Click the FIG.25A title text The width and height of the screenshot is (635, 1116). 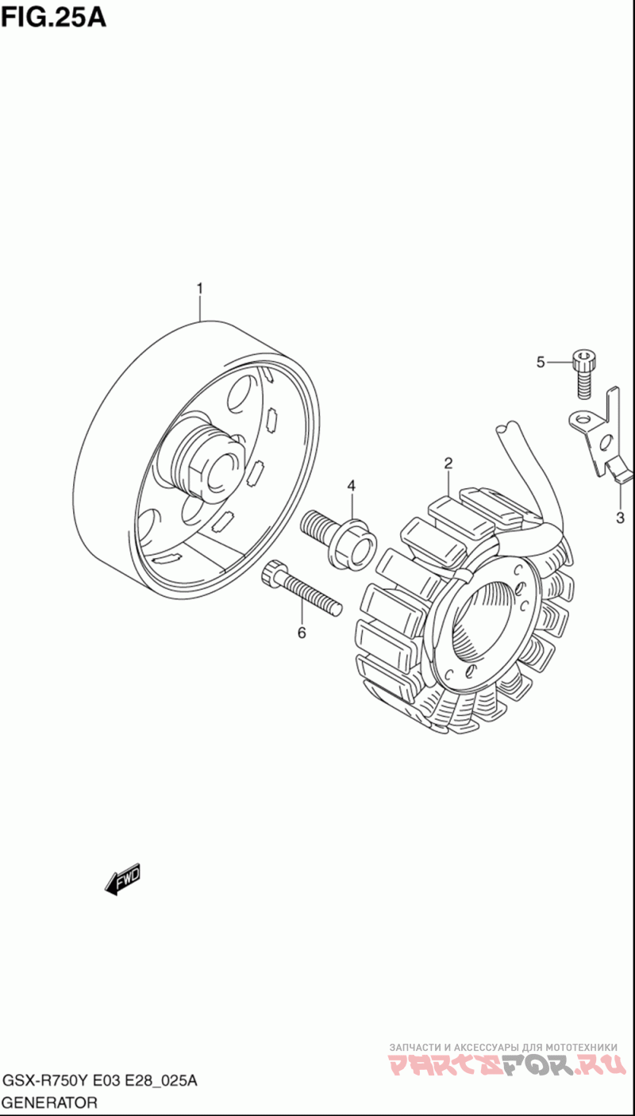click(x=53, y=17)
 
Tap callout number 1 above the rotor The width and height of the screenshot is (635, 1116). click(x=200, y=288)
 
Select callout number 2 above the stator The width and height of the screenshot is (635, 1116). click(x=448, y=463)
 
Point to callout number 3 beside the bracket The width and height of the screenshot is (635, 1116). click(x=620, y=518)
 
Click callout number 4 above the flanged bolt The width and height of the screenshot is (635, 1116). click(x=351, y=485)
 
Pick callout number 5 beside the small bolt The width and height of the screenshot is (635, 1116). click(x=541, y=363)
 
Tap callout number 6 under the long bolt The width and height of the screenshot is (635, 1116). click(x=301, y=632)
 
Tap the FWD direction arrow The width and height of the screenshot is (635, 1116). click(x=123, y=879)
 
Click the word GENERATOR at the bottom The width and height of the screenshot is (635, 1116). click(x=50, y=1103)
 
